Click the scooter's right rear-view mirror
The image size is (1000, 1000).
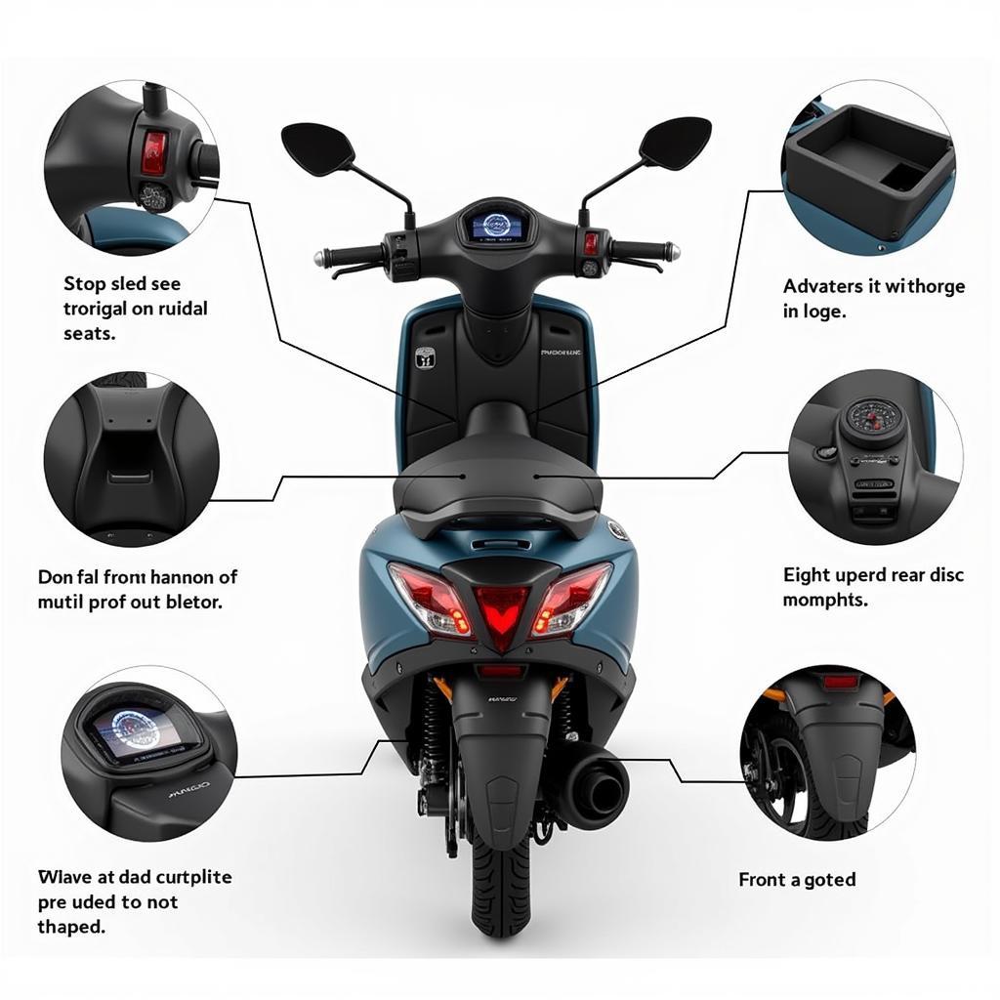point(675,143)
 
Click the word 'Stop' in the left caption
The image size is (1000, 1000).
point(83,284)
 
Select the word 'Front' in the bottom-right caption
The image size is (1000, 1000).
point(762,880)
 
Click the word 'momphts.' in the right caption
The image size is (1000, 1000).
point(824,601)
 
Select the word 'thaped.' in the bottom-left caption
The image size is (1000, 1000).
point(71,927)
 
